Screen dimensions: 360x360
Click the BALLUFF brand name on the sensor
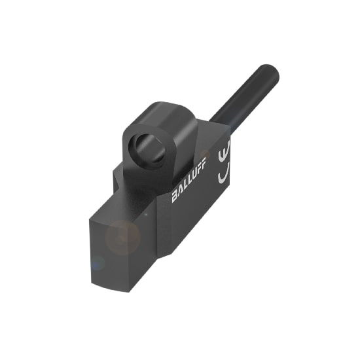(189, 185)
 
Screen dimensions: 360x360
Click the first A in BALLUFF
(180, 194)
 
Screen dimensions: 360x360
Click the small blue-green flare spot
(98, 264)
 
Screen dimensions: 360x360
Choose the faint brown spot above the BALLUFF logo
(205, 155)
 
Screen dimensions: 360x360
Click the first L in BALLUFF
(185, 190)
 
